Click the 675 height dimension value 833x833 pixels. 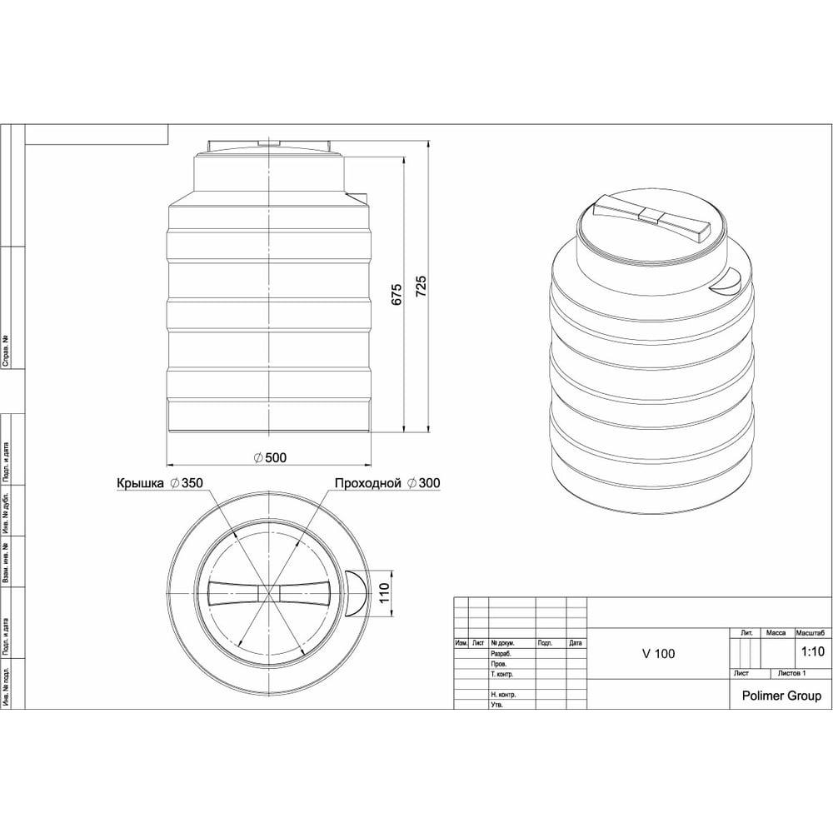pos(397,295)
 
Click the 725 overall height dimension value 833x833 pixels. pos(420,287)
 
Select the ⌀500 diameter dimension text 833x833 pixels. pos(271,457)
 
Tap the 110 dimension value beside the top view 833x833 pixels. pos(384,592)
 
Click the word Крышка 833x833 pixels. pos(140,483)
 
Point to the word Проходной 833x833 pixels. pos(367,483)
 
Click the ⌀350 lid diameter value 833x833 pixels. pos(187,483)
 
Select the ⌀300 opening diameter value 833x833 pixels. pos(424,483)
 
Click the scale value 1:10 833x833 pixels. pos(813,651)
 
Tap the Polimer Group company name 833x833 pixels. pos(781,696)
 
